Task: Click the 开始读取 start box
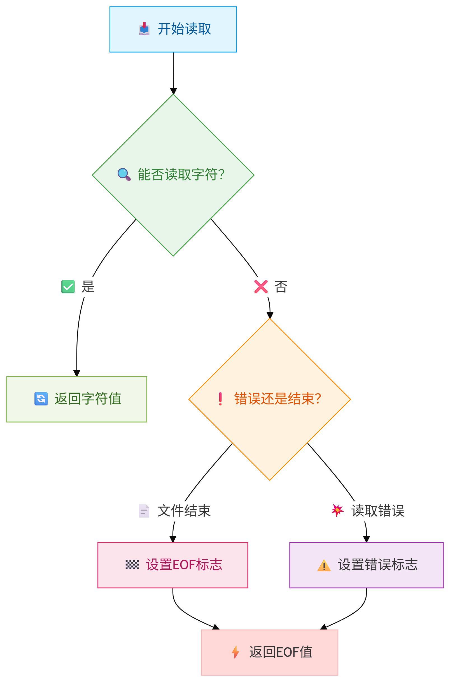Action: coord(173,29)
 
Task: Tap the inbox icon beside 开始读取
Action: coord(144,29)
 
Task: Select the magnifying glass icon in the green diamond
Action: coord(124,174)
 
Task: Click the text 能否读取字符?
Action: coord(181,175)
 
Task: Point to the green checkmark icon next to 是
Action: coord(68,287)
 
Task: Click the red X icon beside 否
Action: coord(261,287)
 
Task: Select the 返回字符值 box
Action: coord(77,399)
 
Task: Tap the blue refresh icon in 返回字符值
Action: coord(41,398)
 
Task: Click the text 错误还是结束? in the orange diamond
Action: coord(278,398)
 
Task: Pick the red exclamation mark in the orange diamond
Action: coord(220,398)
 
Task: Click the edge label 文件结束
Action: coord(184,511)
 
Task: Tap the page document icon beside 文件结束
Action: coord(144,511)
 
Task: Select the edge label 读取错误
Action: coord(378,511)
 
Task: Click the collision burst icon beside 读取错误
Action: coord(337,510)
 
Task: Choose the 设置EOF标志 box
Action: coord(173,565)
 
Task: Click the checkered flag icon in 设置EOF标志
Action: coord(132,565)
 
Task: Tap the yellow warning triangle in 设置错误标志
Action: coord(324,565)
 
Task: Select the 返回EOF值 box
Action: coord(269,652)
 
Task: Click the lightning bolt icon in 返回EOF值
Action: coord(235,652)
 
